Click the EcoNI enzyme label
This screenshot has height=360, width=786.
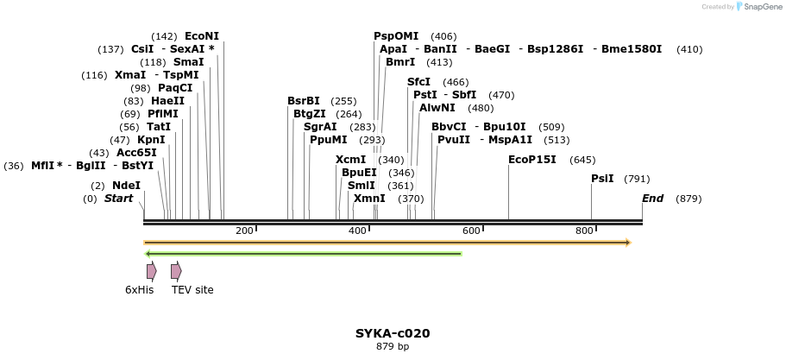[x=202, y=36]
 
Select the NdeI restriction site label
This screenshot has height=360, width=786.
[x=126, y=186]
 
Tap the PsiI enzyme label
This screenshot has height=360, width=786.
[x=602, y=179]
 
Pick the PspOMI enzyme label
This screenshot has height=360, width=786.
[x=396, y=36]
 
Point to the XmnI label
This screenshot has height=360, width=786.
[x=369, y=199]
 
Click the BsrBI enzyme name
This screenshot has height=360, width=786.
[x=304, y=101]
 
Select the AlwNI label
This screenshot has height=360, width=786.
[x=437, y=108]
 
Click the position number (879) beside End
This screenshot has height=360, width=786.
[x=689, y=199]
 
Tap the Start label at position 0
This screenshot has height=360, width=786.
[x=119, y=199]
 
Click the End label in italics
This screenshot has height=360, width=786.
[x=652, y=199]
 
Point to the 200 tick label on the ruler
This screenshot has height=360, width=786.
[x=244, y=231]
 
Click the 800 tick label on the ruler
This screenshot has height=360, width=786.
[x=584, y=231]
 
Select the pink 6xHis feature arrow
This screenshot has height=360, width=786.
[x=151, y=271]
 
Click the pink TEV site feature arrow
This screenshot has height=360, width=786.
[x=176, y=271]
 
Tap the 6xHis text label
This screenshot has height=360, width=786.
[x=139, y=290]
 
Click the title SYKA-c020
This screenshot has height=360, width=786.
[x=393, y=333]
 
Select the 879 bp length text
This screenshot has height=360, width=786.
[x=393, y=347]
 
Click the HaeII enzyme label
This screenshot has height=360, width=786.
[x=167, y=101]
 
